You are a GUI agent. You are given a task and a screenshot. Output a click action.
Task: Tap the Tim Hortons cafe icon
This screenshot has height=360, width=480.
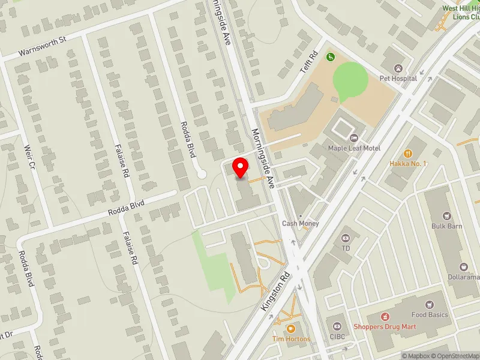[x=290, y=328]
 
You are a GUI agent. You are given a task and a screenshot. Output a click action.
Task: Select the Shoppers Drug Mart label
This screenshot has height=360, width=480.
[x=385, y=327]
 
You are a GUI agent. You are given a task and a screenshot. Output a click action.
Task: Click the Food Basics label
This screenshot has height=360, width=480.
[x=430, y=315]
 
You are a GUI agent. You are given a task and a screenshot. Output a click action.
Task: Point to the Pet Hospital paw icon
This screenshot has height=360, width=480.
[x=397, y=68]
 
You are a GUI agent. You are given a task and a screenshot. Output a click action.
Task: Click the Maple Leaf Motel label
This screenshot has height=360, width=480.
[x=354, y=148]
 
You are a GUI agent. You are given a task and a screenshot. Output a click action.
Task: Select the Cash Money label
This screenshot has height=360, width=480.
[x=301, y=224]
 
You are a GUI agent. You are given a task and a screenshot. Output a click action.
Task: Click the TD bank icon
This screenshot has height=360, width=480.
[x=345, y=238]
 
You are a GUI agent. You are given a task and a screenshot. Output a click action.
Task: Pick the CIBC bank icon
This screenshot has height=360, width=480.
[x=337, y=326]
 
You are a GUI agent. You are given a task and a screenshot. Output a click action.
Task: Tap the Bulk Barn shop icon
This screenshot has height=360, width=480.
[x=446, y=216]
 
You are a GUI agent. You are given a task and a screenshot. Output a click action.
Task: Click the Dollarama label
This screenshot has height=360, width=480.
[x=463, y=277]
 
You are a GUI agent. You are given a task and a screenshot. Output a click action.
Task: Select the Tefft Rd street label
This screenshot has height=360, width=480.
[x=308, y=62]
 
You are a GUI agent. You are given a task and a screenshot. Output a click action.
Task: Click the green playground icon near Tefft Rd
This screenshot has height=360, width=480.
[x=329, y=57]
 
